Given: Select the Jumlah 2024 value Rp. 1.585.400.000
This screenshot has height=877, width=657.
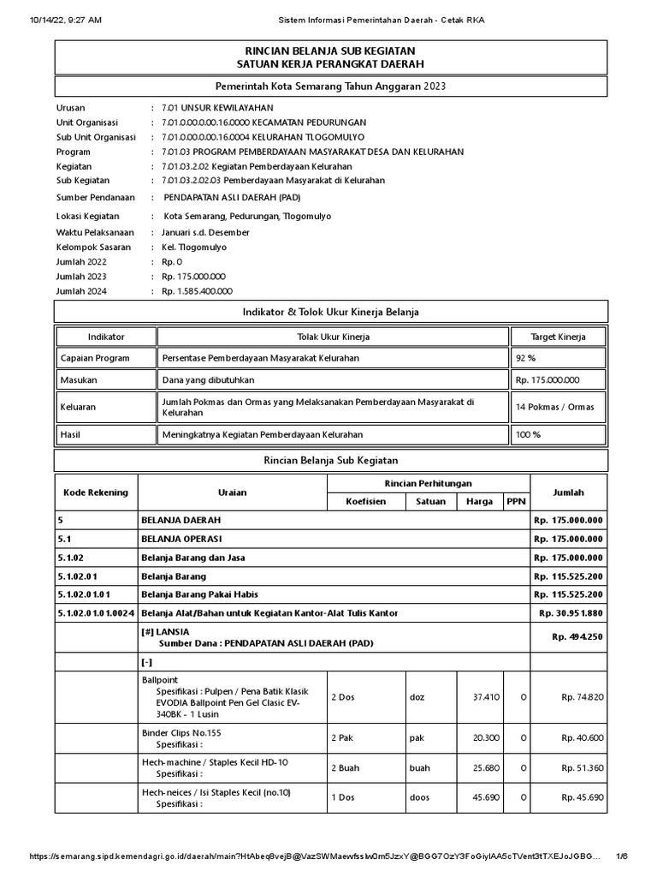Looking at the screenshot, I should [x=196, y=291].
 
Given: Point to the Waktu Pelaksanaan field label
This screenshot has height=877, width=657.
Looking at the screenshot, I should [x=96, y=232].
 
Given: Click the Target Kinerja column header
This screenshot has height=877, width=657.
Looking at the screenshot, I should [x=559, y=337].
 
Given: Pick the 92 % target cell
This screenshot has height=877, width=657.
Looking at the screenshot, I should [x=526, y=358].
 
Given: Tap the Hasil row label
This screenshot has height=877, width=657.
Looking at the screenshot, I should [x=70, y=434].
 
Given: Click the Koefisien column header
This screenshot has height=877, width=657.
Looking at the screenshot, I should [x=365, y=501].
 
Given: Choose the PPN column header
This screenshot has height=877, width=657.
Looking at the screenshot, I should [x=516, y=501].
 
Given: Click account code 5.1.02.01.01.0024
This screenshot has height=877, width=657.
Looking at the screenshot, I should [x=96, y=613].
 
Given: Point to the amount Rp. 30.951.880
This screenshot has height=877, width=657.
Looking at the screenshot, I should [x=571, y=613].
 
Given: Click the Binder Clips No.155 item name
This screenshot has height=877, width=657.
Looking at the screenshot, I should [x=183, y=733].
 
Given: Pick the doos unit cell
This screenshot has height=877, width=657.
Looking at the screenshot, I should [x=418, y=797].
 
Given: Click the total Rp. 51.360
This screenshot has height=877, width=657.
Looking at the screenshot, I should [x=583, y=768].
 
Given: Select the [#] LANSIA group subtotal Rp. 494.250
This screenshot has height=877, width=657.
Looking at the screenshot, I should [x=577, y=636].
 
